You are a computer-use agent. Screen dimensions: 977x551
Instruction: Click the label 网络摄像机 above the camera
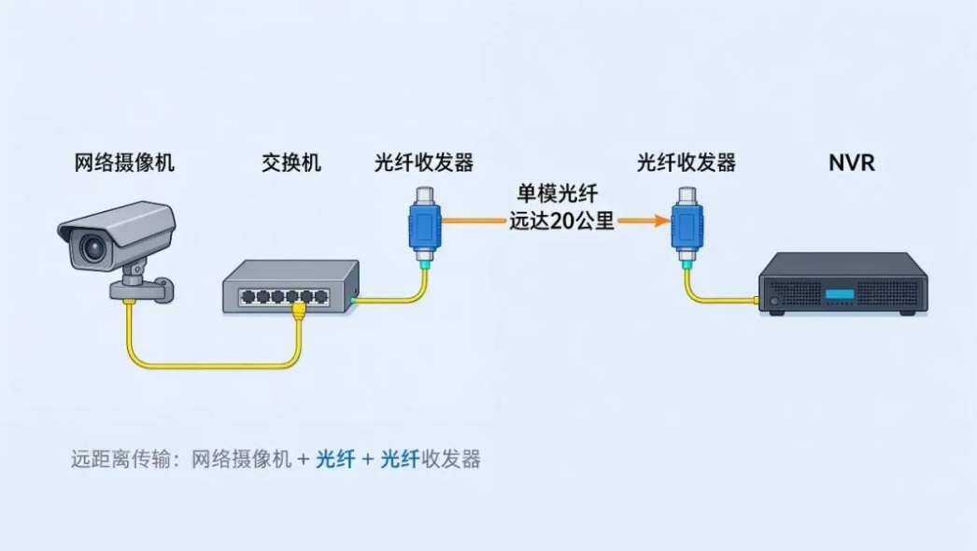tap(124, 162)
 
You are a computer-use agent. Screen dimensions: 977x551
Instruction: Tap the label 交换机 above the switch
tap(291, 162)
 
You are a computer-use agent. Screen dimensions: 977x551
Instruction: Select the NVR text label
tap(851, 163)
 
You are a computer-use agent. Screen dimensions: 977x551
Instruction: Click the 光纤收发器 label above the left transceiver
tap(424, 162)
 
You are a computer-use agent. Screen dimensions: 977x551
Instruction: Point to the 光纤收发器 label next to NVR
tap(686, 162)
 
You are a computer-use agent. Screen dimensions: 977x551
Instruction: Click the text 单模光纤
tap(558, 193)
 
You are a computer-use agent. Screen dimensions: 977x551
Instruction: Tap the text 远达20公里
tap(562, 220)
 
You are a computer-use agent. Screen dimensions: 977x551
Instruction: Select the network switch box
tap(291, 286)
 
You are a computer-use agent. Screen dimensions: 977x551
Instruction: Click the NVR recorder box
tap(842, 284)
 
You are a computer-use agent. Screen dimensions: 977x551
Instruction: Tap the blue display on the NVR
tap(840, 294)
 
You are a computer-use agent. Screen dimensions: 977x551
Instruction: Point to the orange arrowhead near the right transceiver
tap(660, 220)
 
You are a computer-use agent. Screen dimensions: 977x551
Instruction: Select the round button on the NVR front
tap(774, 301)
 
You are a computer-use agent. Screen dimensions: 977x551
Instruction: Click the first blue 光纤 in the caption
tap(335, 459)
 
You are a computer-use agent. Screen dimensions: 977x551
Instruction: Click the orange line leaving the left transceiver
tap(474, 220)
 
